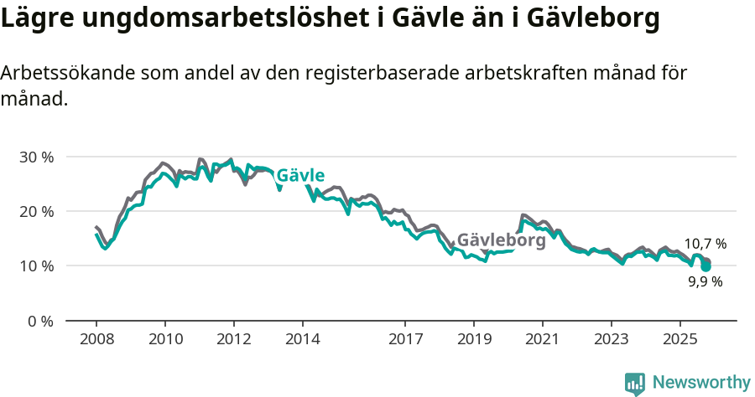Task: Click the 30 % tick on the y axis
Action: coord(36,157)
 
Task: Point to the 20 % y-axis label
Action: coord(36,212)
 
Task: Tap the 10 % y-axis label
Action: coord(36,266)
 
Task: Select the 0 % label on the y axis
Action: coord(40,321)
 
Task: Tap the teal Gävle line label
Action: coord(300,176)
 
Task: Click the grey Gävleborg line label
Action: coord(501,240)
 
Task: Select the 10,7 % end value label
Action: coord(705,245)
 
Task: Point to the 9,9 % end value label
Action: coord(705,282)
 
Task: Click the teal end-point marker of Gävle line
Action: coord(706,267)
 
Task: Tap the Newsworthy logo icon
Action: coord(635,383)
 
